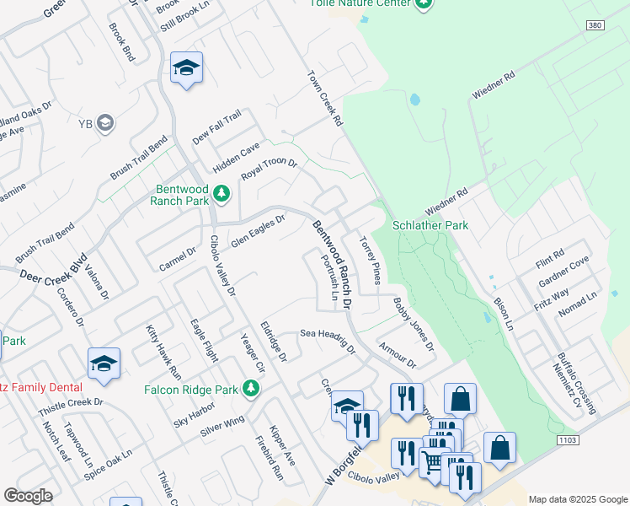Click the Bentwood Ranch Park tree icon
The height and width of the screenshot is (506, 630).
coord(222,195)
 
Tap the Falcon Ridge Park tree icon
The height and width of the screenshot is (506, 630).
coord(250,389)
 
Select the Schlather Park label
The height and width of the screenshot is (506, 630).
coord(430,226)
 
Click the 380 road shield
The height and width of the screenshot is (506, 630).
coord(594,26)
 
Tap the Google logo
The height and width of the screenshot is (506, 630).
coord(29,496)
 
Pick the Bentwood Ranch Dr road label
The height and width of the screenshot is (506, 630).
coord(335,262)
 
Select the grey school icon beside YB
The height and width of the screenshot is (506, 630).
coord(105,124)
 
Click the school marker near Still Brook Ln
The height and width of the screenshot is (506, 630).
coord(186,67)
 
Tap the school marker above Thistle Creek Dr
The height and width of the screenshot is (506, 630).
coord(104,363)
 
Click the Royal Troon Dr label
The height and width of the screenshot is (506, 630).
coord(270,168)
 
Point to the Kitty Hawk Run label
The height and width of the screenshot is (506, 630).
coord(163,350)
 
